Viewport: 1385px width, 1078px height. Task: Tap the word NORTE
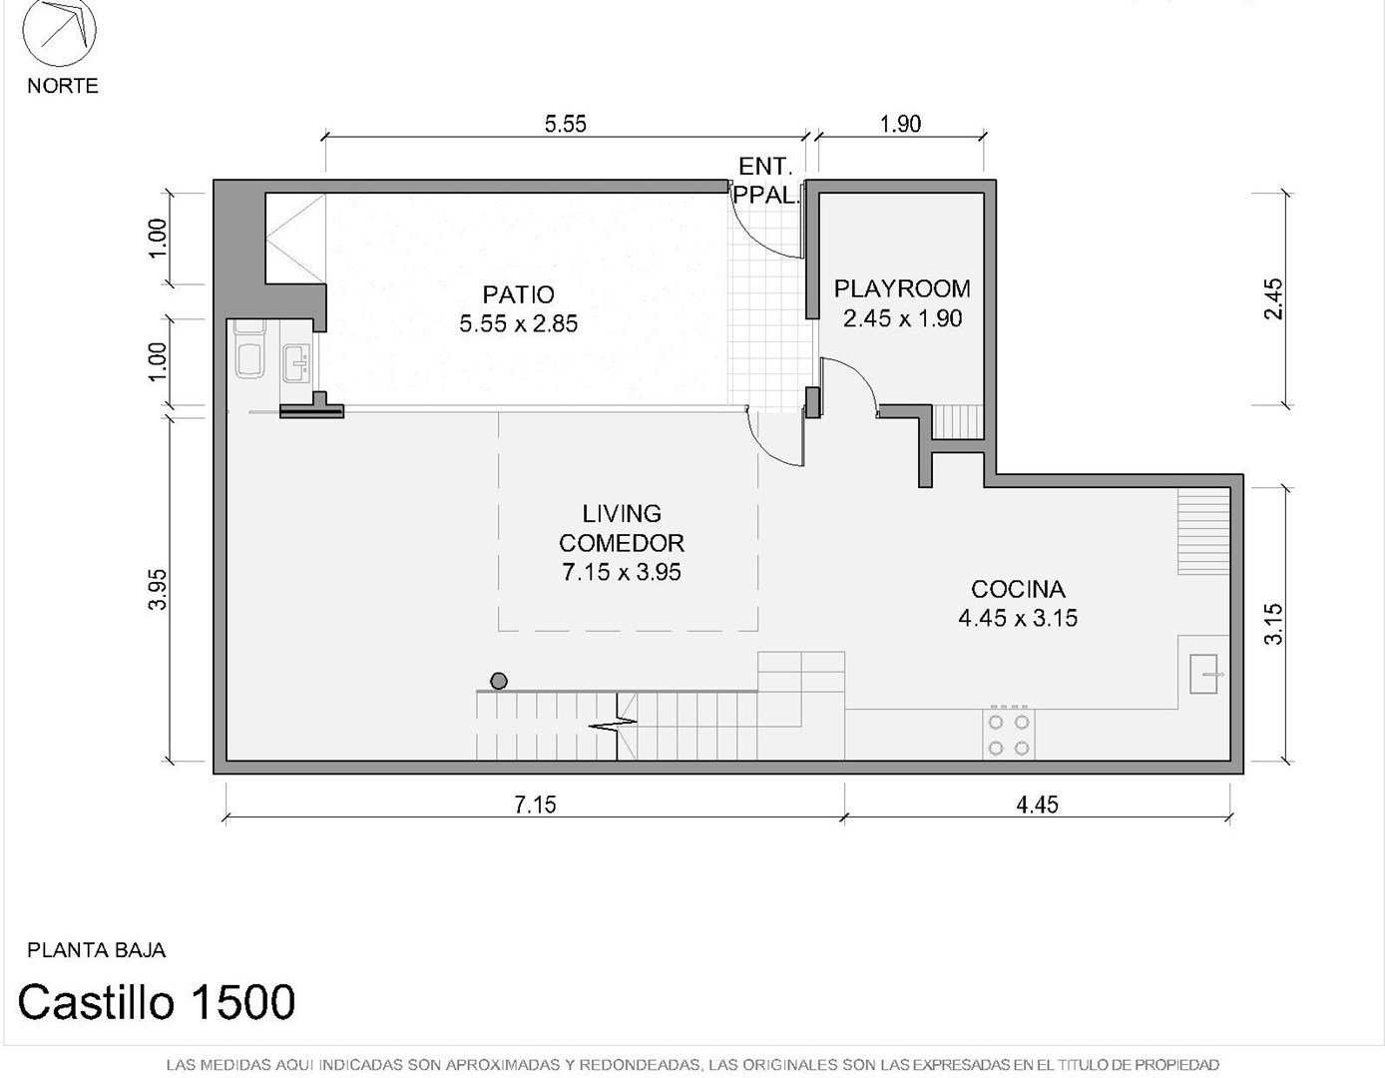click(x=63, y=86)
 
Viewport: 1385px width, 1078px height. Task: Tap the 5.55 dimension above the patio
click(x=566, y=124)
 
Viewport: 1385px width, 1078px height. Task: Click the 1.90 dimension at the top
click(x=901, y=124)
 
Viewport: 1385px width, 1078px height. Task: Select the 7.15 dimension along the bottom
click(x=536, y=805)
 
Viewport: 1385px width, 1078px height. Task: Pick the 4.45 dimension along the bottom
click(x=1037, y=805)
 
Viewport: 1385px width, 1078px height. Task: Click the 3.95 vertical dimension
click(x=158, y=589)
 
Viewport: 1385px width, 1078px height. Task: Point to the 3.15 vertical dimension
click(x=1273, y=624)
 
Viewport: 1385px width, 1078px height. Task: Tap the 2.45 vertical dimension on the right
click(x=1274, y=299)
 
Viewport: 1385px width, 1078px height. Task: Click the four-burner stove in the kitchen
click(x=1008, y=734)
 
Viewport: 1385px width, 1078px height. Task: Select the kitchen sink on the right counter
click(x=1203, y=674)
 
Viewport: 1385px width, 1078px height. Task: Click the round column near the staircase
click(x=499, y=681)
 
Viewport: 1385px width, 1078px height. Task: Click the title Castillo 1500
click(x=157, y=1001)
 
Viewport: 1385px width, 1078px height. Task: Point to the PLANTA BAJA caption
click(x=96, y=950)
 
